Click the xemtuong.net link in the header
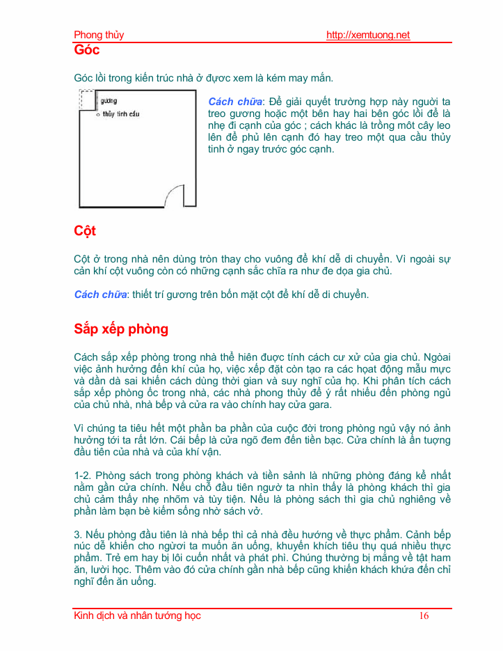[x=368, y=35]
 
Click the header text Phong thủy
[x=99, y=35]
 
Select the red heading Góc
[x=87, y=50]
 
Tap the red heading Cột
[x=85, y=230]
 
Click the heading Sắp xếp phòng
[x=121, y=329]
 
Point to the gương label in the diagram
[x=109, y=101]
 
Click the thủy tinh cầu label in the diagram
[x=122, y=113]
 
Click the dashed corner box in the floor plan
[x=87, y=100]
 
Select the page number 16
[x=424, y=615]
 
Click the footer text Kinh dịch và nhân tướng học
[x=138, y=615]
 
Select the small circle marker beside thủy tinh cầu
[x=98, y=114]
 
